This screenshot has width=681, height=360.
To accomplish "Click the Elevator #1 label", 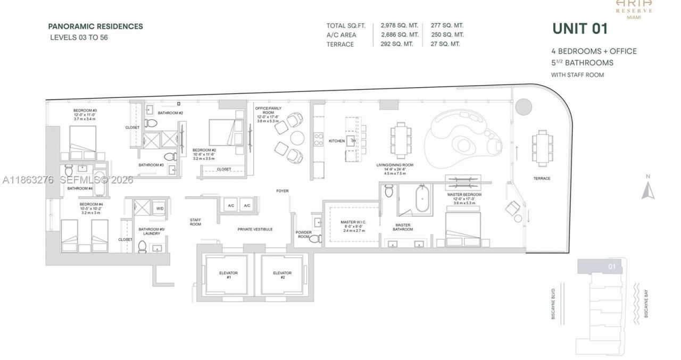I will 228,275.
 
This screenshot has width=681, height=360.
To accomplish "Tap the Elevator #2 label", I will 282,275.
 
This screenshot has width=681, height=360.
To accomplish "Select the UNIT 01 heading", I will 579,29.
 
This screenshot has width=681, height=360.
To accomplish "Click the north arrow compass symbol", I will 647,189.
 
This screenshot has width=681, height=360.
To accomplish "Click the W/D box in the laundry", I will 160,208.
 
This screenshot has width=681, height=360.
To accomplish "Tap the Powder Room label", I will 303,235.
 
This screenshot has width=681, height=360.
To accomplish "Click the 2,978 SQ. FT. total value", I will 399,26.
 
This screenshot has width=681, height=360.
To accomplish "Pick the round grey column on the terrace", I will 524,106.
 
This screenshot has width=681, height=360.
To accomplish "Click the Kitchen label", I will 336,141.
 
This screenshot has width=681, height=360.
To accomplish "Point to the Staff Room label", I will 195,222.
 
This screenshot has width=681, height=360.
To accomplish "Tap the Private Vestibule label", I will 255,229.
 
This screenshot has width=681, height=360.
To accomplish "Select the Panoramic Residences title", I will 95,26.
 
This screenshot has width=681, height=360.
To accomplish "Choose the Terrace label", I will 542,179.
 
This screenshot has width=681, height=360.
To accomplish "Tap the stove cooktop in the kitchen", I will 318,139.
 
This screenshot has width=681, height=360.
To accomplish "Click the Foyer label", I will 282,191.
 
